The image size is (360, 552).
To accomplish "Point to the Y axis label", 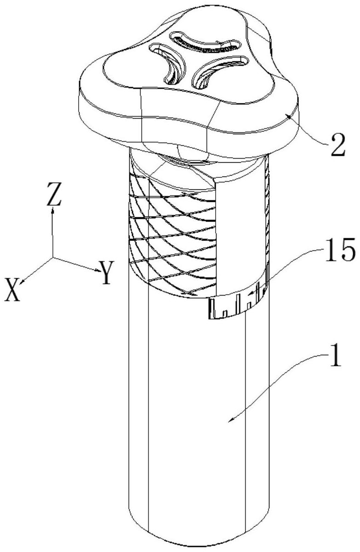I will pos(106,274).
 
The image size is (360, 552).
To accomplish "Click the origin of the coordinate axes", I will pos(53,257).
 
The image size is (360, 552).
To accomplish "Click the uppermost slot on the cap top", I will pos(202,42).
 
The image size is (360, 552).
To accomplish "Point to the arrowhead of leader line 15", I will pos(249,293).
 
